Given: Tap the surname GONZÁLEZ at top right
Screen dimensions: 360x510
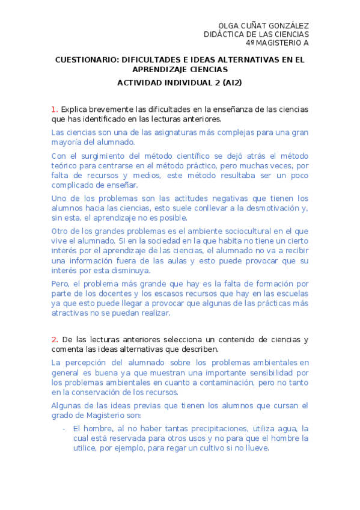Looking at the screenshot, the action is (x=287, y=26).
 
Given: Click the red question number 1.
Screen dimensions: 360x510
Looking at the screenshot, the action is (x=54, y=109).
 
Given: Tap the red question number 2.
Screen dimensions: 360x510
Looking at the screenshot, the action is (x=54, y=339).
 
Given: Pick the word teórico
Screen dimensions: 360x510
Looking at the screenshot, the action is (x=65, y=164).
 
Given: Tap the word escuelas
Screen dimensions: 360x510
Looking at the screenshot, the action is (x=288, y=293).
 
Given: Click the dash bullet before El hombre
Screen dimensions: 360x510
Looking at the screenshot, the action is (x=64, y=428).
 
